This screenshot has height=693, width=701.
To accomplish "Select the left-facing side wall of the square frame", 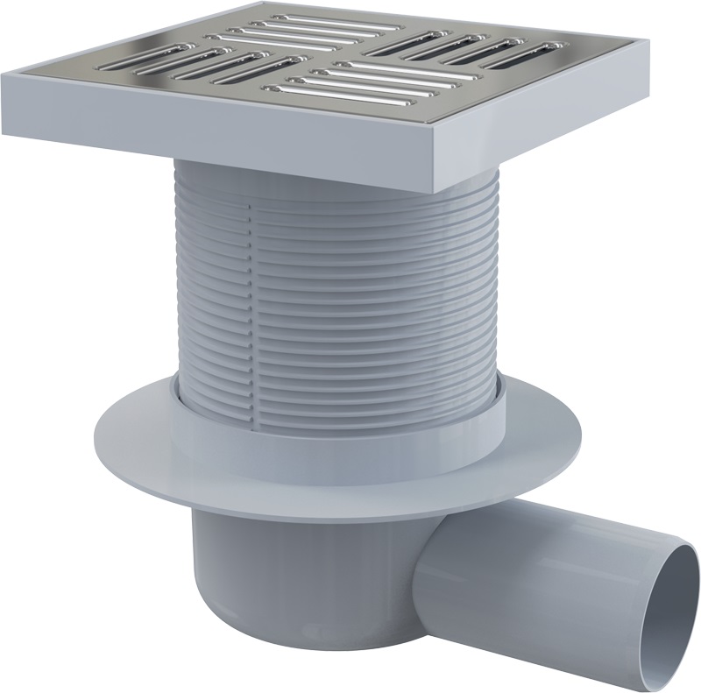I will (219, 131).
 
